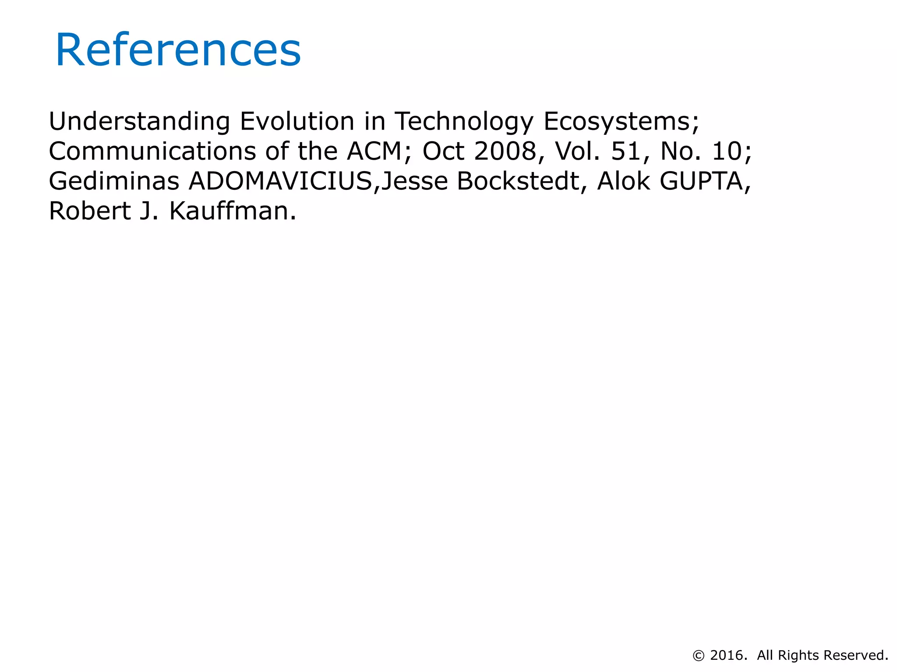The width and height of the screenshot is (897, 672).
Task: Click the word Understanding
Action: [x=139, y=121]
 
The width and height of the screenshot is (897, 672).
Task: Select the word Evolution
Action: [x=297, y=121]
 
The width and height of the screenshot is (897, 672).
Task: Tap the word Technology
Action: [x=464, y=121]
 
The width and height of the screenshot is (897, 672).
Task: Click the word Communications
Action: [x=152, y=151]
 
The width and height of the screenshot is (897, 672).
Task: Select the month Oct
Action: [x=443, y=151]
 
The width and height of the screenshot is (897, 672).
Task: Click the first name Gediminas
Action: [x=114, y=181]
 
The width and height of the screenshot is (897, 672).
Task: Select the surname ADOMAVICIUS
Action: [x=280, y=181]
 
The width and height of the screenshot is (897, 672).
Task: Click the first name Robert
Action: [x=90, y=211]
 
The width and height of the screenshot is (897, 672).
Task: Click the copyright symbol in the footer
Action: [x=699, y=656]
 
